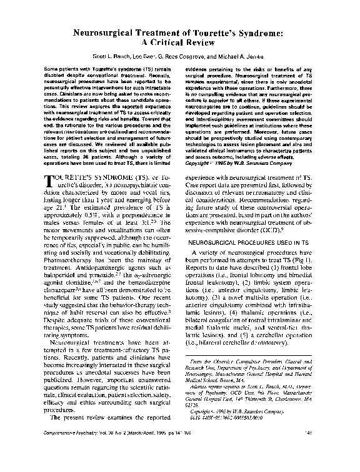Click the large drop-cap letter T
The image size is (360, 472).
coord(53,182)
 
